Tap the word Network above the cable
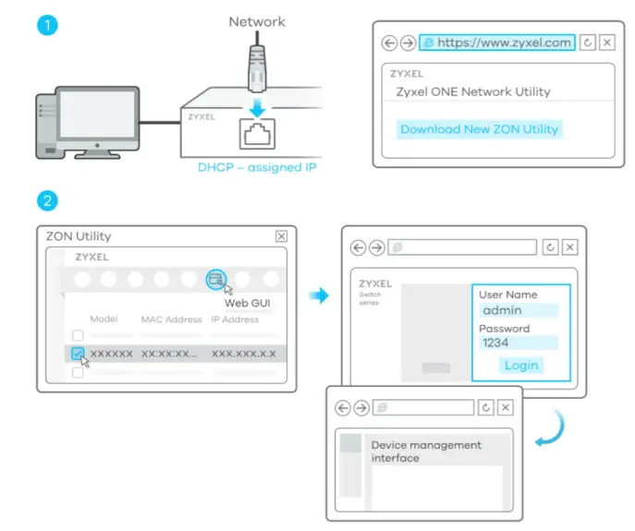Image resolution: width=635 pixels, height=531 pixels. point(257,21)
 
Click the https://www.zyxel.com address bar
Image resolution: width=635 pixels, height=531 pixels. point(496,42)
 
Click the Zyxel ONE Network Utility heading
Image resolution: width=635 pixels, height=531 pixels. point(472,91)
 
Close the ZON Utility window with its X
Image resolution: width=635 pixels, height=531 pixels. point(281,236)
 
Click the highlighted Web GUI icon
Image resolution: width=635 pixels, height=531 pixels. point(216,278)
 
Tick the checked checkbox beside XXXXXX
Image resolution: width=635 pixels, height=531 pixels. point(78,354)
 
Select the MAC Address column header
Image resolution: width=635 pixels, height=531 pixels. point(171,320)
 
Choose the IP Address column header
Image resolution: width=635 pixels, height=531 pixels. point(235,320)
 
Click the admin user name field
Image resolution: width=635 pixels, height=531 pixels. point(518,311)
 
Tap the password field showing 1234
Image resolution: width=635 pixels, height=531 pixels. point(518,343)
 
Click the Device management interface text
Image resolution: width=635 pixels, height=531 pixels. point(426,451)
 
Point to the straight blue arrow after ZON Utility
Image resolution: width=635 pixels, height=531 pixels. point(318,296)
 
